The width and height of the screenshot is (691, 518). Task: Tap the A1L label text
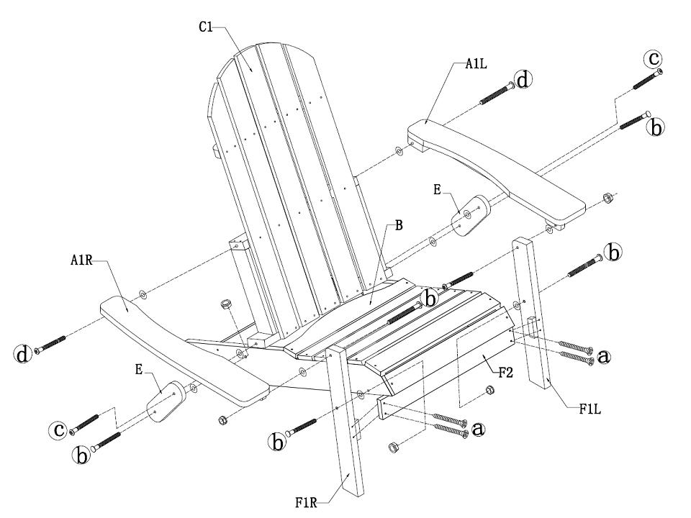point(477,64)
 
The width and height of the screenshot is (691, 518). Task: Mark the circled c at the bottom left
point(58,431)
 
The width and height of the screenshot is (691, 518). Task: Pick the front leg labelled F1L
point(533,317)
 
